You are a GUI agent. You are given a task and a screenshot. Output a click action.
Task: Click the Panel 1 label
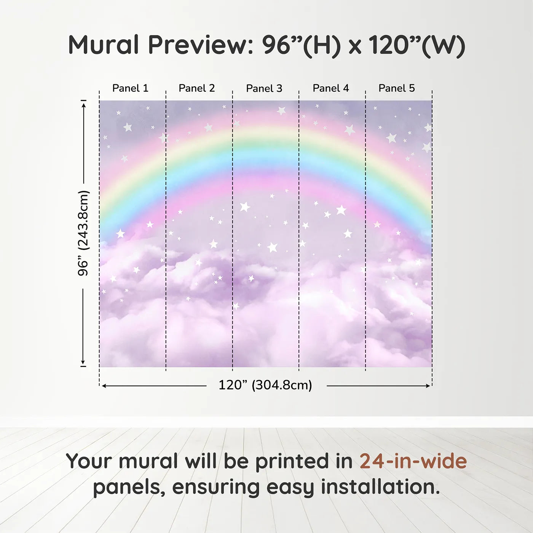(x=130, y=88)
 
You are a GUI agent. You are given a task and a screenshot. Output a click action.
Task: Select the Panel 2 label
(x=197, y=88)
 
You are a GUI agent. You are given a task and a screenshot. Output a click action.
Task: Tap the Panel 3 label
(x=264, y=88)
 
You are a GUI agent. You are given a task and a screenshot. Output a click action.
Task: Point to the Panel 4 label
(x=331, y=88)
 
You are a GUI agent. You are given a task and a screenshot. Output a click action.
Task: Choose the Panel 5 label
(x=397, y=88)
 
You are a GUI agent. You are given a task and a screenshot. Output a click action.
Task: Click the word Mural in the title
(x=104, y=45)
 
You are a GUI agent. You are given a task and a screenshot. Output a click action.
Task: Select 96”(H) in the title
(x=302, y=46)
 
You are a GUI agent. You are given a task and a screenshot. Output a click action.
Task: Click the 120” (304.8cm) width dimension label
(x=265, y=385)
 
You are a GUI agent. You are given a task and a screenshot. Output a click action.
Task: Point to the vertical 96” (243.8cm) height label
(x=83, y=233)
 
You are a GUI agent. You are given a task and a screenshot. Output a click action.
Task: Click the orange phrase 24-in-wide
(x=413, y=461)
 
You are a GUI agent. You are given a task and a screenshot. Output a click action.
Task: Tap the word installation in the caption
(x=380, y=487)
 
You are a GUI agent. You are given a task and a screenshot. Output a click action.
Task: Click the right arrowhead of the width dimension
(x=428, y=386)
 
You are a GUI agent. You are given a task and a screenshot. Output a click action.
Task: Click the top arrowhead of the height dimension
(x=84, y=104)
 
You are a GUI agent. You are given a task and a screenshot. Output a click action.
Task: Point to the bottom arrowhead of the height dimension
(x=83, y=362)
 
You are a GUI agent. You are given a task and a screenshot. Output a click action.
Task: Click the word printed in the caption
(x=304, y=462)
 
